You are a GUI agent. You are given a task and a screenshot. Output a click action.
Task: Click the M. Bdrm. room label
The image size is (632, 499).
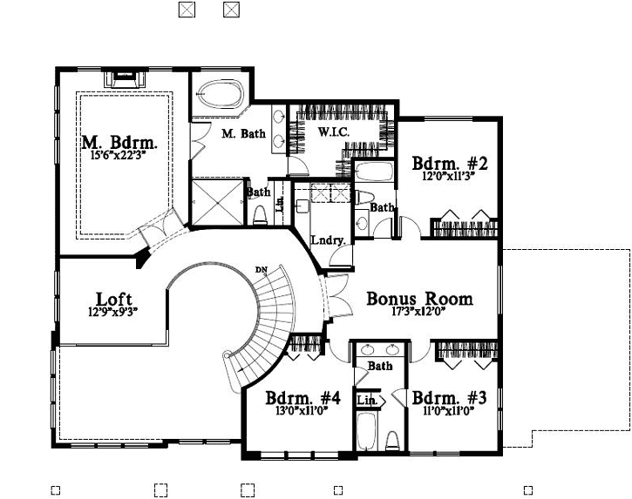click(119, 142)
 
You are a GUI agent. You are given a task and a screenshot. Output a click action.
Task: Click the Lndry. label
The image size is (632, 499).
click(329, 239)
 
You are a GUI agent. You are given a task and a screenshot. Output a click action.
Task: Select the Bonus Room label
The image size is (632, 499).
click(419, 299)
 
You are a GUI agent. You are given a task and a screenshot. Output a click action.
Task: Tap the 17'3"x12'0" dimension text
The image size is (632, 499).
click(419, 314)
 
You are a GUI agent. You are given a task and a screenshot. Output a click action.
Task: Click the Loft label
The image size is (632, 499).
click(113, 298)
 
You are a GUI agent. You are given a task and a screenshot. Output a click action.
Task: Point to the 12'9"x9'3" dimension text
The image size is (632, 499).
click(113, 312)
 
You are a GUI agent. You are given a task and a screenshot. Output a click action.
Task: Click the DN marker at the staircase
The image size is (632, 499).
click(261, 268)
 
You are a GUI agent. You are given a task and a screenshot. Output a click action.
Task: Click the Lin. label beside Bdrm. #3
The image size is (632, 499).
click(366, 399)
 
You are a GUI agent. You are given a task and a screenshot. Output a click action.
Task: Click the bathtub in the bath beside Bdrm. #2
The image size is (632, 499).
click(377, 171)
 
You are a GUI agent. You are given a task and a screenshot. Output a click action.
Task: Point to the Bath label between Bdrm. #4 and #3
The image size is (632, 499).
click(379, 367)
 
